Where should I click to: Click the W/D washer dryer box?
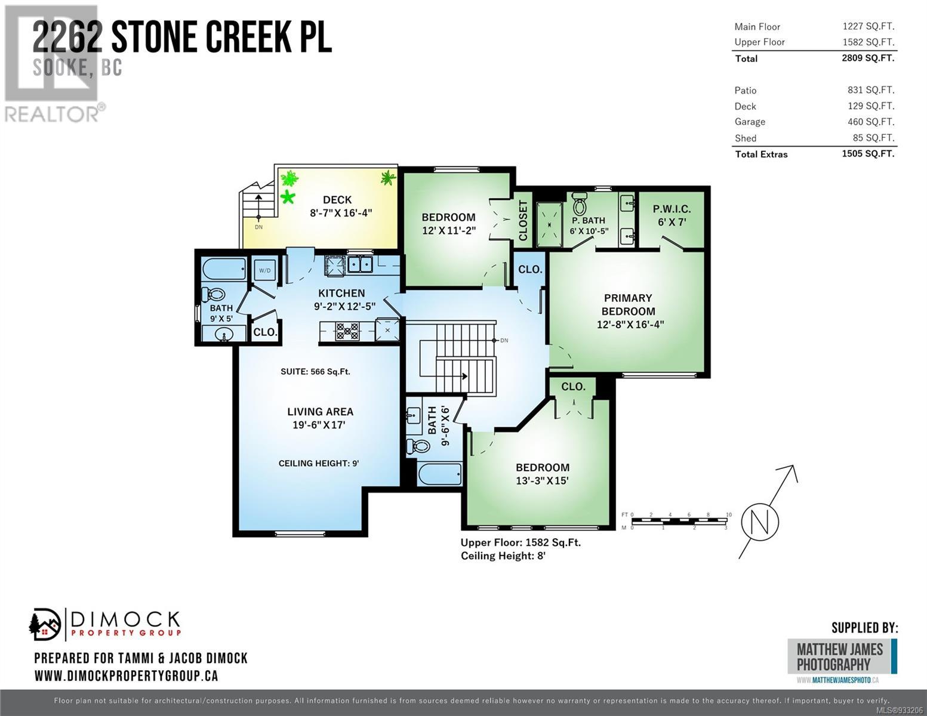pyautogui.click(x=264, y=270)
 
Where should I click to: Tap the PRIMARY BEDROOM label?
pyautogui.click(x=628, y=304)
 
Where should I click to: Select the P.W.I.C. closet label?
pyautogui.click(x=672, y=209)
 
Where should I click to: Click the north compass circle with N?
pyautogui.click(x=760, y=521)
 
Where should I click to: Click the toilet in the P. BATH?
pyautogui.click(x=580, y=204)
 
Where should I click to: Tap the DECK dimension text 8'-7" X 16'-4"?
pyautogui.click(x=341, y=212)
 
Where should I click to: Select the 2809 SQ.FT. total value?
pyautogui.click(x=868, y=58)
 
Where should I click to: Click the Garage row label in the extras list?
pyautogui.click(x=750, y=122)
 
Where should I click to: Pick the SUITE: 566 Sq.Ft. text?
pyautogui.click(x=315, y=372)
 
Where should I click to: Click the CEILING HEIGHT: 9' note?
pyautogui.click(x=319, y=463)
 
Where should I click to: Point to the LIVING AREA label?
pyautogui.click(x=320, y=412)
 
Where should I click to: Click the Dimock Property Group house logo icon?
pyautogui.click(x=45, y=625)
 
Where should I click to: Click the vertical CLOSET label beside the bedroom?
pyautogui.click(x=523, y=220)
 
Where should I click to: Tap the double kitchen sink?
pyautogui.click(x=360, y=264)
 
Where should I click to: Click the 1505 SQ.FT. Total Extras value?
pyautogui.click(x=868, y=153)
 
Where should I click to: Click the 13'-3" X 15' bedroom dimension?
pyautogui.click(x=542, y=480)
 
